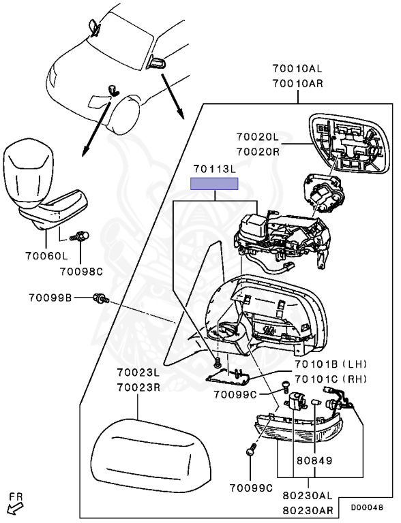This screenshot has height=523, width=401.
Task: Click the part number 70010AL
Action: [x=297, y=69]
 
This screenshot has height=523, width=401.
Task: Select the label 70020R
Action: [x=258, y=152]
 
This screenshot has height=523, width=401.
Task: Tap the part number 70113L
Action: [x=214, y=169]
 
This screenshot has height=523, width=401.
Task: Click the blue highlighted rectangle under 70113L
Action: [x=214, y=184]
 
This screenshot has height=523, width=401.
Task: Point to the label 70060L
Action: [x=46, y=256]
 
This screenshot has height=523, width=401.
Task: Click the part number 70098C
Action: [x=81, y=272]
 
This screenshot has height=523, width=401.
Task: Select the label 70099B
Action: [x=50, y=298]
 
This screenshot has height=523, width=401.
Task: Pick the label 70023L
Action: [x=138, y=372]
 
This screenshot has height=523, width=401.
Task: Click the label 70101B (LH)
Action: [x=330, y=364]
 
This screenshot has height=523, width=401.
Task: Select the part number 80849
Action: [x=314, y=460]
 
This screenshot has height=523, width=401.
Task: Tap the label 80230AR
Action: [x=308, y=511]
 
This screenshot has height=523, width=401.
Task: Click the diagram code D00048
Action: [x=367, y=507]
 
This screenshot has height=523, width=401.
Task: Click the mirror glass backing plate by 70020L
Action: [x=350, y=144]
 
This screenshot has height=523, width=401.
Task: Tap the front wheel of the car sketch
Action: [x=123, y=114]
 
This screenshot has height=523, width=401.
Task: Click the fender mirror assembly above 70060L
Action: [x=45, y=185]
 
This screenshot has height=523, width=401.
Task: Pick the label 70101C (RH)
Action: [x=330, y=379]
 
